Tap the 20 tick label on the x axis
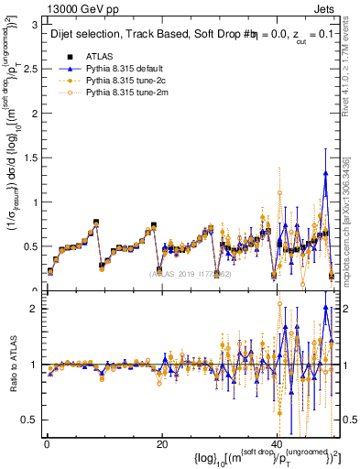pyautogui.click(x=161, y=443)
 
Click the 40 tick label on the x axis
pyautogui.click(x=277, y=443)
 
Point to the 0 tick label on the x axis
pyautogui.click(x=46, y=443)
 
